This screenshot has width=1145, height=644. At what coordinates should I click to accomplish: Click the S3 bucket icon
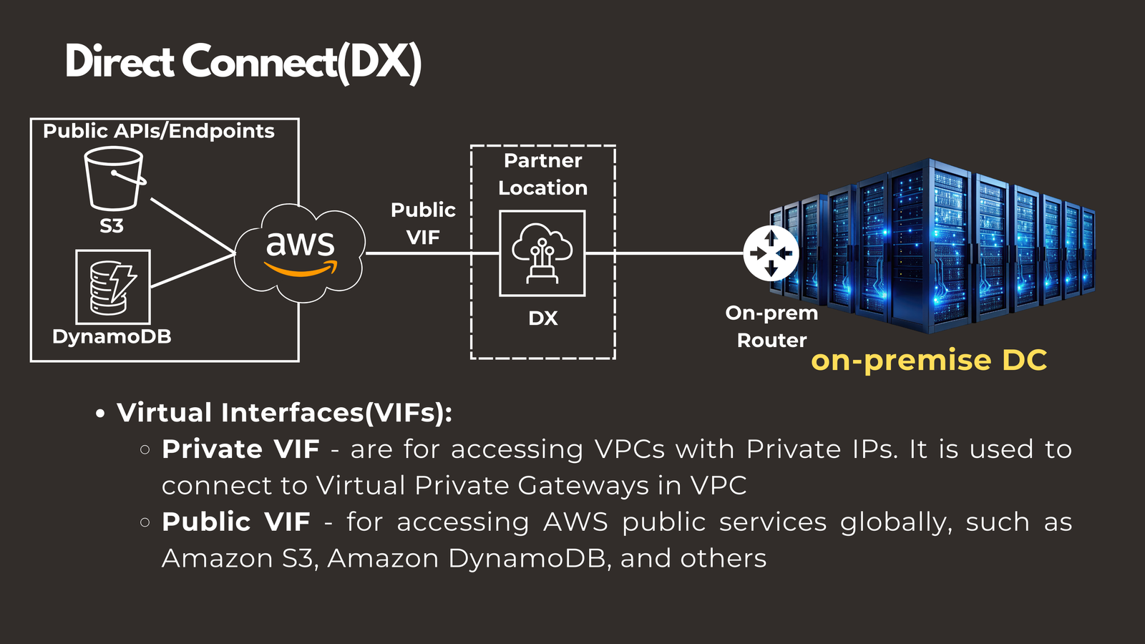[x=113, y=178]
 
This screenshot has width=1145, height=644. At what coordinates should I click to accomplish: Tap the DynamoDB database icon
[x=113, y=287]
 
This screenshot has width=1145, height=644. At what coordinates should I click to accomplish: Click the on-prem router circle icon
[x=771, y=253]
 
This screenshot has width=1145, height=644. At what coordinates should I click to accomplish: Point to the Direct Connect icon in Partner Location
[x=542, y=253]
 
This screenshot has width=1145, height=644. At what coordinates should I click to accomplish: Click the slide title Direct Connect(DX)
[x=243, y=62]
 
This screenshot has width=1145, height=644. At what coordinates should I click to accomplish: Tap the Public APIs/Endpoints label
[x=158, y=131]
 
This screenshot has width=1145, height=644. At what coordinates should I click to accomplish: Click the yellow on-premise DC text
[x=929, y=360]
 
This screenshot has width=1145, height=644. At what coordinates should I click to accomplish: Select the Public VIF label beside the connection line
[x=423, y=223]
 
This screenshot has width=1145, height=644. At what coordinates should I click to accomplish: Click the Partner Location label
[x=542, y=174]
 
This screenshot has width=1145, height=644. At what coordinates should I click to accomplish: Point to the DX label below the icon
[x=542, y=318]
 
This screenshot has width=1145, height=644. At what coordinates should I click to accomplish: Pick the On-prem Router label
[x=771, y=326]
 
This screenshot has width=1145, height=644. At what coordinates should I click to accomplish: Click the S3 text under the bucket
[x=112, y=226]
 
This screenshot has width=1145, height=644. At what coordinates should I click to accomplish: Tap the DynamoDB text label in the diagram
[x=112, y=336]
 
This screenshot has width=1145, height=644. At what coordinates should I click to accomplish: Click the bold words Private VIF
[x=240, y=449]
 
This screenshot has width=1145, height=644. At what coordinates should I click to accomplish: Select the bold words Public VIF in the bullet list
[x=236, y=522]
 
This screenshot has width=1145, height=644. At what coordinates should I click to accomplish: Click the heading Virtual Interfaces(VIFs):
[x=284, y=413]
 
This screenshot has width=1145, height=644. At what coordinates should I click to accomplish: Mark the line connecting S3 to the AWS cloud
[x=192, y=225]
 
